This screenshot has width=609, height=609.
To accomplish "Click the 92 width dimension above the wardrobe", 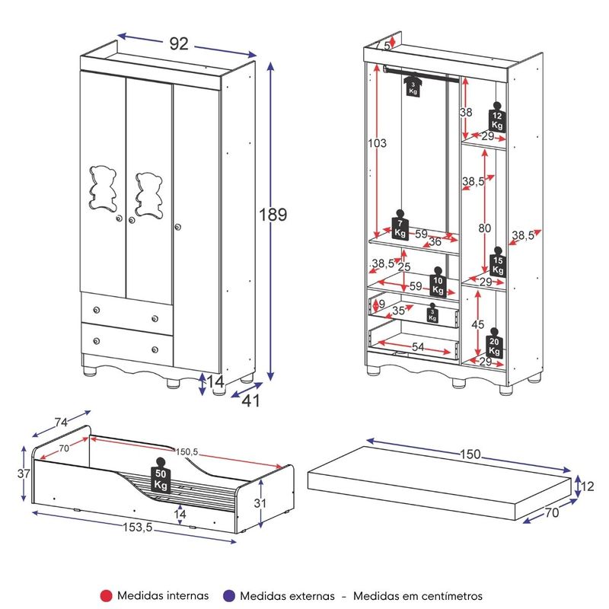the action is point(179,43).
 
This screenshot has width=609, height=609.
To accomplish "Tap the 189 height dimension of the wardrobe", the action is point(273,215).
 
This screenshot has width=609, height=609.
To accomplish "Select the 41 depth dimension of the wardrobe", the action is point(251,400).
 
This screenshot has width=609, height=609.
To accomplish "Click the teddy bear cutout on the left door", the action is point(103,189).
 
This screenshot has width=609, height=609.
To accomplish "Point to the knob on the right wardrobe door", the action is point(178,227).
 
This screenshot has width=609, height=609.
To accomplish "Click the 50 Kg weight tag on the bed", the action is point(161,475).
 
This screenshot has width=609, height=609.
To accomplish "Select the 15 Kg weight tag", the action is point(498,262).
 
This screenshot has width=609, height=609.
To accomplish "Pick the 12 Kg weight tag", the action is point(497,117).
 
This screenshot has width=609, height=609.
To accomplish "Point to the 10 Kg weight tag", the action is point(438,282).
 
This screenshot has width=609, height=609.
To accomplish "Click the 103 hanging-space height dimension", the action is point(377,143).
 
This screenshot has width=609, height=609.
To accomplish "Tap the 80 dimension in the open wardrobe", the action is point(484,228).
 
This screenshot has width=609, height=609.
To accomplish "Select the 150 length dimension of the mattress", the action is point(470,454).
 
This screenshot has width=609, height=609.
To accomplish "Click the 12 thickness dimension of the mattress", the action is point(588,486).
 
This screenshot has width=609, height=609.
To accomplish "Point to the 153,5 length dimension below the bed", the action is point(138,527).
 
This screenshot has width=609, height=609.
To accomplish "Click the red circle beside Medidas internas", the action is point(106,596).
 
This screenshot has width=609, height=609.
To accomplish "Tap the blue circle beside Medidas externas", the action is point(229,596).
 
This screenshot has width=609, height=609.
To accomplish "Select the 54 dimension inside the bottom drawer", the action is point(417,346).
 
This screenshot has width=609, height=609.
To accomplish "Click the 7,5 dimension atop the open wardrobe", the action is point(382,46).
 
